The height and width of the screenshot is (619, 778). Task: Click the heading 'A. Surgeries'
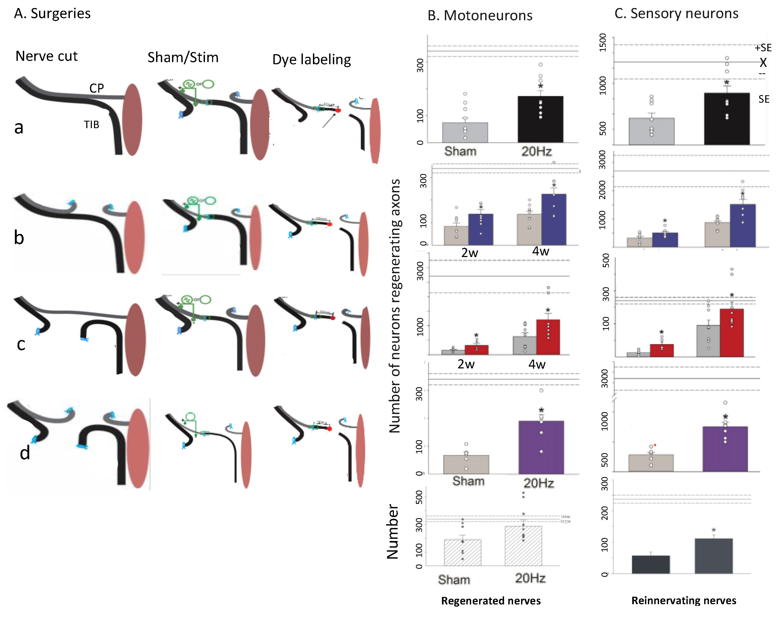pos(52,14)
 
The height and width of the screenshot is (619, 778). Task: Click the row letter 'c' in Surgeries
pos(21,344)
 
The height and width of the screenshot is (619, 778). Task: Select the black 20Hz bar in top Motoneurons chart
pos(540,119)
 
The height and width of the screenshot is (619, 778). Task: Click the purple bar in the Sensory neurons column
pos(725,449)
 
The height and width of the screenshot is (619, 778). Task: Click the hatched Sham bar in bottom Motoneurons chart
pos(462,553)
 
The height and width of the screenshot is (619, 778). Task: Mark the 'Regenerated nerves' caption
pos(491,601)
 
